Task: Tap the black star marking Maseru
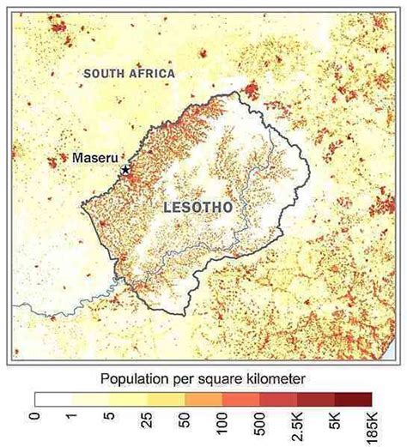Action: pyautogui.click(x=126, y=170)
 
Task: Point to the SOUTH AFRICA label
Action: pyautogui.click(x=129, y=74)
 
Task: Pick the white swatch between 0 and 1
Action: pyautogui.click(x=54, y=399)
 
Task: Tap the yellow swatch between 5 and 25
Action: pyautogui.click(x=129, y=399)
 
